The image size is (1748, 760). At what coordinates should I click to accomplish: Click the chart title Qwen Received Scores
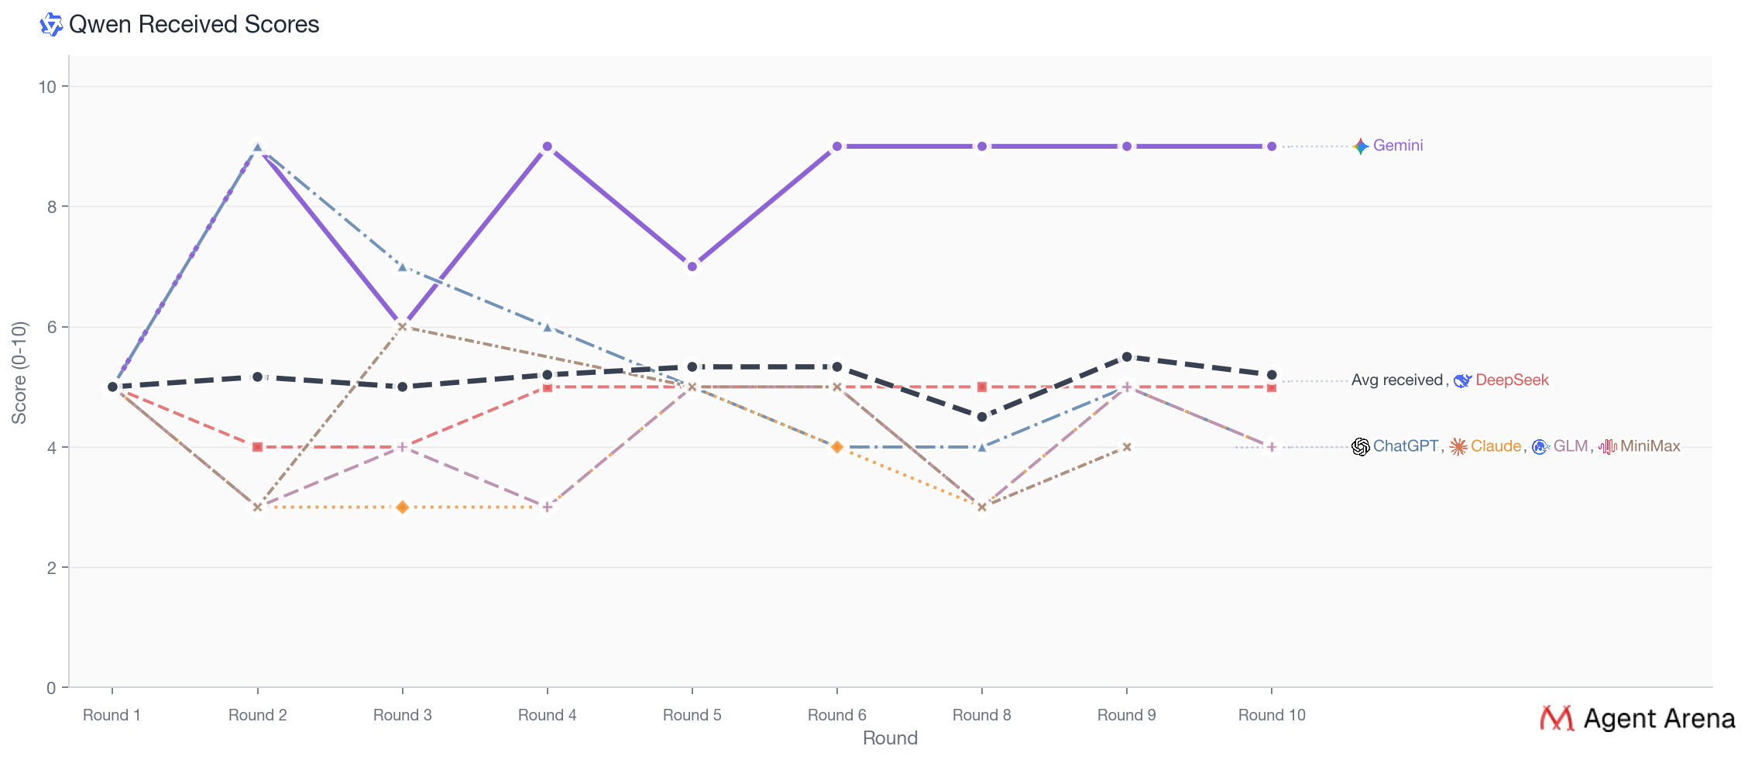[194, 25]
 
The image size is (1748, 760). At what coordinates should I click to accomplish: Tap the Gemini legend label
[1397, 146]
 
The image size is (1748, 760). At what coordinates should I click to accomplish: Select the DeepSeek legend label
[1511, 380]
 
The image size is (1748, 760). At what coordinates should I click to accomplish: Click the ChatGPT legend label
[1405, 446]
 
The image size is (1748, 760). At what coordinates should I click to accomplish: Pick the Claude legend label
[1496, 446]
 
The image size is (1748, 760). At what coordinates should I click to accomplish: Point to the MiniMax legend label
[1650, 446]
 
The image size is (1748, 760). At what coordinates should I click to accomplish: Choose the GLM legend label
[1570, 446]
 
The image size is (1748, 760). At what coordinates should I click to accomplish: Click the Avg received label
[1396, 380]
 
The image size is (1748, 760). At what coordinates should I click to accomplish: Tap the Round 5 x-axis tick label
[692, 715]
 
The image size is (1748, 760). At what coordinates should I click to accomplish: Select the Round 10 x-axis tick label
[1271, 715]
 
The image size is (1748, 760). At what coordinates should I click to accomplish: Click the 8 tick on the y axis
[52, 207]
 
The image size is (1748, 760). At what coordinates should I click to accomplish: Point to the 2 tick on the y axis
[52, 568]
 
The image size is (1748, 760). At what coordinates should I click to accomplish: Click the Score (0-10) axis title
[19, 373]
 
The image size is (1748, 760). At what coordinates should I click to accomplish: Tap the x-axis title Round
[890, 738]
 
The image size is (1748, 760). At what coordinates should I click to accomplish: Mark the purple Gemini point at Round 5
[692, 267]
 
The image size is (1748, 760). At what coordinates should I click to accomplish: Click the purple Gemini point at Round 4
[548, 146]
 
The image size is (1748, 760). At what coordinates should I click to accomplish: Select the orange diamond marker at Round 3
[403, 507]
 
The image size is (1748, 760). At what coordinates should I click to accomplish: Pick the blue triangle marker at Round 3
[403, 267]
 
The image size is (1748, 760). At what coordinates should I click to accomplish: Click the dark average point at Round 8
[982, 417]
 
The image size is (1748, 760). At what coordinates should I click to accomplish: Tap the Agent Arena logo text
[1658, 719]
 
